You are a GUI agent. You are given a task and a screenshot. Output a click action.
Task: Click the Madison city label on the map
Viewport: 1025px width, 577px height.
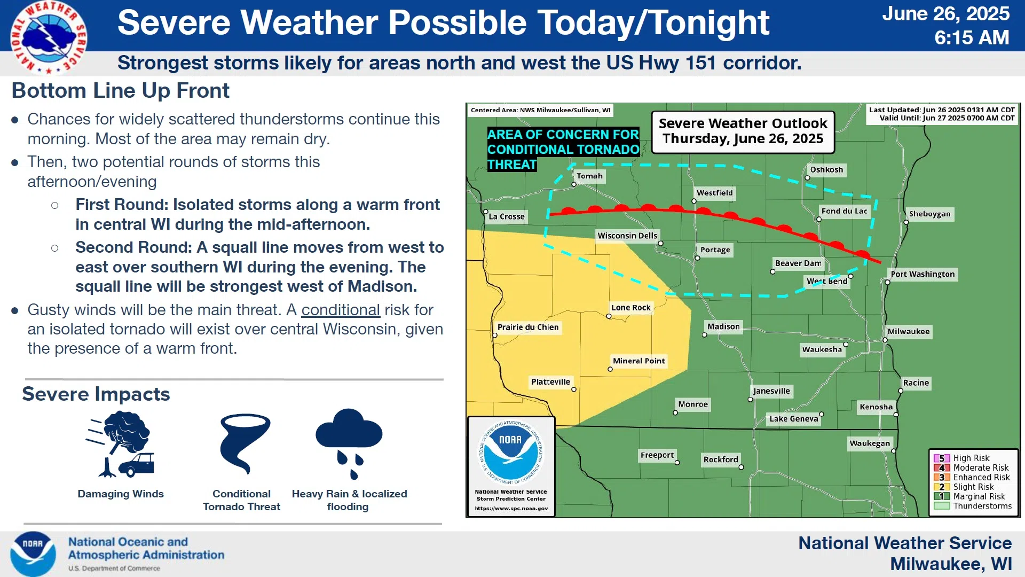pyautogui.click(x=723, y=326)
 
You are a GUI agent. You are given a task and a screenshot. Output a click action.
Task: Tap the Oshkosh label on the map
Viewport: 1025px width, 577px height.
pyautogui.click(x=826, y=170)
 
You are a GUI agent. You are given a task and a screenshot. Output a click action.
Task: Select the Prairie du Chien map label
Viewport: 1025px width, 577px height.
pyautogui.click(x=528, y=327)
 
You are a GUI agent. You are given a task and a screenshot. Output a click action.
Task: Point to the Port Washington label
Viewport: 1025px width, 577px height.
pyautogui.click(x=922, y=274)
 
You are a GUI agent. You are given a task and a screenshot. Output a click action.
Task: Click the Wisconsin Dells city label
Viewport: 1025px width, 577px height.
pyautogui.click(x=627, y=236)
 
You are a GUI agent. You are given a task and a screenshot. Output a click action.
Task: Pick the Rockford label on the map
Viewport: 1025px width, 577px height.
pyautogui.click(x=721, y=459)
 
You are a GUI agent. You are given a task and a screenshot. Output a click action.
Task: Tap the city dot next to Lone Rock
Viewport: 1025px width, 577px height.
pyautogui.click(x=609, y=316)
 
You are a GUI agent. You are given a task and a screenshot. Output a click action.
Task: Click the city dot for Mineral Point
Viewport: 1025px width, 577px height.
pyautogui.click(x=610, y=369)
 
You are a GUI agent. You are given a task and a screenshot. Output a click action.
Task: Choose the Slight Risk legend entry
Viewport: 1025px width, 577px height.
pyautogui.click(x=964, y=487)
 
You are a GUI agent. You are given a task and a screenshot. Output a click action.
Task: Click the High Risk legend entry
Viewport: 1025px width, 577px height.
pyautogui.click(x=962, y=458)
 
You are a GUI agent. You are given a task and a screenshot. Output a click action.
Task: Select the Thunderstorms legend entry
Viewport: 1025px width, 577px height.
pyautogui.click(x=973, y=506)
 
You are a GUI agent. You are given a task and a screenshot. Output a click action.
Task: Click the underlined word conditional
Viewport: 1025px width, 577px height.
pyautogui.click(x=341, y=310)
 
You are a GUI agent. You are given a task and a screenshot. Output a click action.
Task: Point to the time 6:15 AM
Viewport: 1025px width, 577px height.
pyautogui.click(x=972, y=37)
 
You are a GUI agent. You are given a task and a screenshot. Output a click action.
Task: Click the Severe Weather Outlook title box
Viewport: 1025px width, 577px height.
pyautogui.click(x=743, y=132)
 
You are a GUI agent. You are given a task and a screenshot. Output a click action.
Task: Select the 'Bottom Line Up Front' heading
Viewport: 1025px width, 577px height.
pyautogui.click(x=121, y=91)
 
